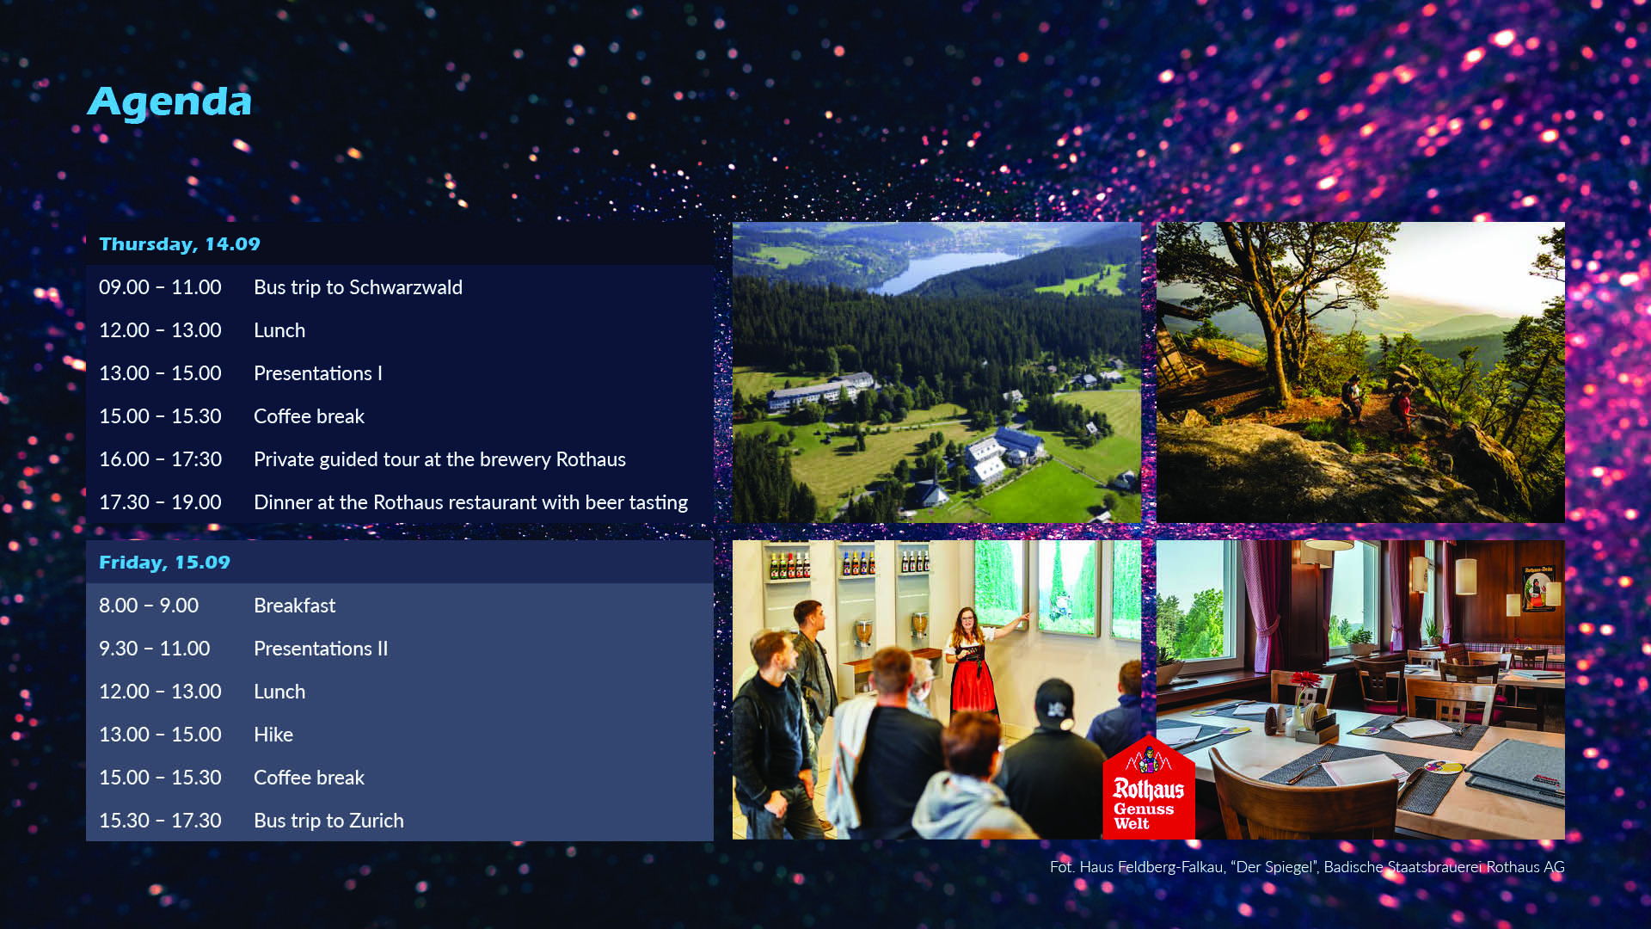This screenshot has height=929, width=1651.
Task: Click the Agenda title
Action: pos(169,102)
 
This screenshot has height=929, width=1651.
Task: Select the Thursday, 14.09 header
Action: pos(179,244)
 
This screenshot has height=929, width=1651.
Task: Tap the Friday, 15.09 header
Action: pos(164,563)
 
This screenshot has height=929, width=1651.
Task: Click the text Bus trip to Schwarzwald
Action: pos(358,287)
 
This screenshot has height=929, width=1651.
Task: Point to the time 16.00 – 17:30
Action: pos(160,459)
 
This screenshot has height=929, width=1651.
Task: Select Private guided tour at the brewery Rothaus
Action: pos(439,459)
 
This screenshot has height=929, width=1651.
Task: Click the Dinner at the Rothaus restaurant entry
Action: pos(470,502)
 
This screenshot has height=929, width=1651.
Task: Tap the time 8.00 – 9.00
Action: pos(148,606)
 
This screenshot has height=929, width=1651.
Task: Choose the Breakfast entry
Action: pos(294,606)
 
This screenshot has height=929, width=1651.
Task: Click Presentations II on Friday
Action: pos(321,649)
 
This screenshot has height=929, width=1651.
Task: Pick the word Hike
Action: pos(273,735)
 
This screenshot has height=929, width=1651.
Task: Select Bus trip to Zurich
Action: pos(328,821)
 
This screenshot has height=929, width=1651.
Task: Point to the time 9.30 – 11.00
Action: pos(154,649)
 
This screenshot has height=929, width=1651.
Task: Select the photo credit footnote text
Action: pos(1307,867)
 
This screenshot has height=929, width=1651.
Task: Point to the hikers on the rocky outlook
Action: pos(1376,400)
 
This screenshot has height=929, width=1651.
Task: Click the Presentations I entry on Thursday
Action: pos(317,373)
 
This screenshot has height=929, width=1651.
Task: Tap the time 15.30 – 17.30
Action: pos(160,821)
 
